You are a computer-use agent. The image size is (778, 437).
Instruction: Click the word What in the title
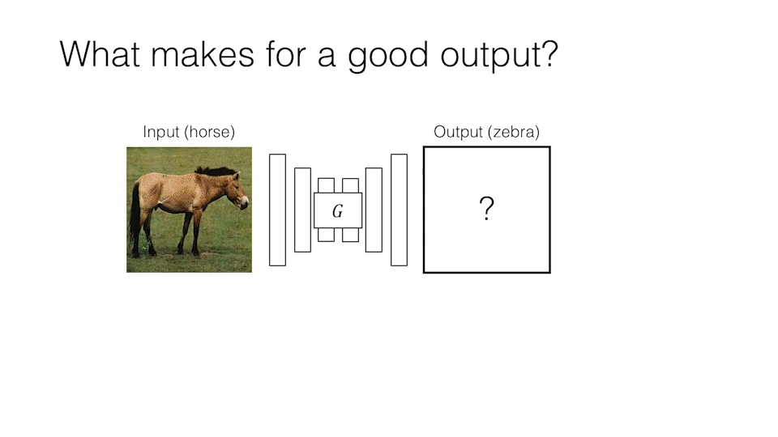pyautogui.click(x=100, y=53)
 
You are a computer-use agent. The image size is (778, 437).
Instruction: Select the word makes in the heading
pyautogui.click(x=203, y=53)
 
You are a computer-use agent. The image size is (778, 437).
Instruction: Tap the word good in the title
pyautogui.click(x=388, y=57)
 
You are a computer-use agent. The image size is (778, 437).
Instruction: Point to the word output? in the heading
pyautogui.click(x=499, y=57)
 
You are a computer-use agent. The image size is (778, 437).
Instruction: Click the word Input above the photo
pyautogui.click(x=160, y=132)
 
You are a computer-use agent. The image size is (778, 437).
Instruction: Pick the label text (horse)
pyautogui.click(x=209, y=132)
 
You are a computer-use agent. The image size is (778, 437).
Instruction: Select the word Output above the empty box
pyautogui.click(x=458, y=132)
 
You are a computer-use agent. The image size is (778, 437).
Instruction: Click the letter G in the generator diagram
pyautogui.click(x=337, y=211)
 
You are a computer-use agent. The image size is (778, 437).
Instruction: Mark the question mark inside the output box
pyautogui.click(x=487, y=208)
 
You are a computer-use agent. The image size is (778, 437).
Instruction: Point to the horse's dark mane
pyautogui.click(x=216, y=171)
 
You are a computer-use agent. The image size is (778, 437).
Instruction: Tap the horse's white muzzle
pyautogui.click(x=245, y=202)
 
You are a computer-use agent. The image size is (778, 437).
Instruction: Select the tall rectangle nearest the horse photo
pyautogui.click(x=277, y=210)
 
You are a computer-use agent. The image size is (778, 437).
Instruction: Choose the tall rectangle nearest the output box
pyautogui.click(x=399, y=210)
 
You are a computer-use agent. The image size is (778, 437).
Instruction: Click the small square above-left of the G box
pyautogui.click(x=326, y=186)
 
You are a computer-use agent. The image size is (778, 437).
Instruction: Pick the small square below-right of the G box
pyautogui.click(x=350, y=235)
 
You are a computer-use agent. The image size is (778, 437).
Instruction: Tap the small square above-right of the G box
pyautogui.click(x=350, y=186)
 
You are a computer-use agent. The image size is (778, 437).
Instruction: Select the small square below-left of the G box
pyautogui.click(x=326, y=235)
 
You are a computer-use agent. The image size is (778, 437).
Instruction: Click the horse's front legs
pyautogui.click(x=190, y=232)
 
